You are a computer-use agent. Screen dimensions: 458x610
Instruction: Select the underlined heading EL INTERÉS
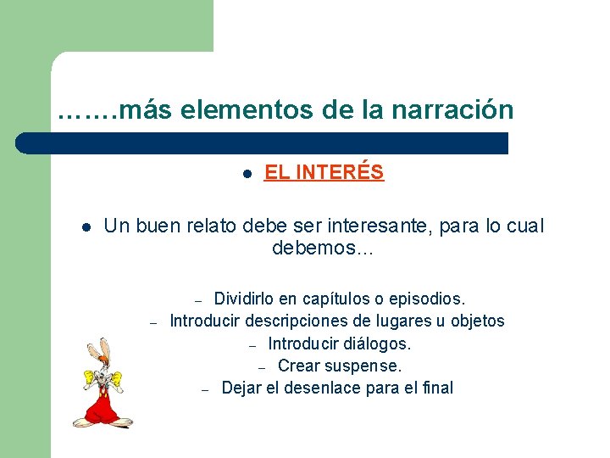[324, 173]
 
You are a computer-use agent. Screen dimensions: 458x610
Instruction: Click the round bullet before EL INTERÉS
[246, 174]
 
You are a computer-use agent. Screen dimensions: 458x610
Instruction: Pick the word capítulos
[326, 299]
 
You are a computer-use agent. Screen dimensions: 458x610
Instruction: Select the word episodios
[428, 299]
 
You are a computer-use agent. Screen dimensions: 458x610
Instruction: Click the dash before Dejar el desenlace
[205, 389]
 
